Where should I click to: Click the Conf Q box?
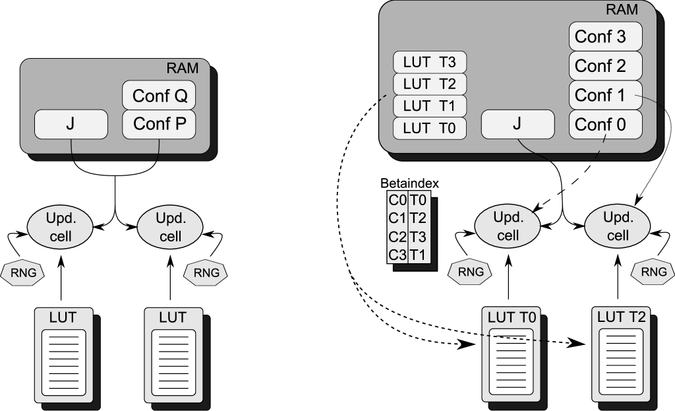point(160,96)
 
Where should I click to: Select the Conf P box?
point(160,124)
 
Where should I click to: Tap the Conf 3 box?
point(605,36)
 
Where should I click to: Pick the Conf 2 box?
point(605,66)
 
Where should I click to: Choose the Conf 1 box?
point(605,95)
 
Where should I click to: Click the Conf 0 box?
point(605,124)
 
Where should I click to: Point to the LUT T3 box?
point(430,63)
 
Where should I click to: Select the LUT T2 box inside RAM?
point(430,84)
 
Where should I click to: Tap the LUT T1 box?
point(430,106)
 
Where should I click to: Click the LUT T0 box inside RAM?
point(430,127)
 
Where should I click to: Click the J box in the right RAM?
point(517,124)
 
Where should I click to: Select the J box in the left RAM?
point(71,124)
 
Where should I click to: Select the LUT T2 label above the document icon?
point(621,317)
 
